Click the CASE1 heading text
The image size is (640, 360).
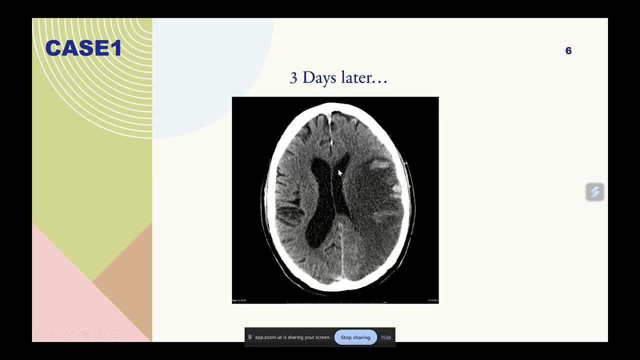pos(83,48)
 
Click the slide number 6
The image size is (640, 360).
pos(568,50)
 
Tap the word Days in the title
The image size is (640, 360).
pos(319,77)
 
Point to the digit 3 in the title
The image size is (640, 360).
pos(293,78)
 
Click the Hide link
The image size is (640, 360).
pos(386,337)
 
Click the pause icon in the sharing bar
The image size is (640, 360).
pos(250,337)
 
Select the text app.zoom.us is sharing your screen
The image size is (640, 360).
pos(292,337)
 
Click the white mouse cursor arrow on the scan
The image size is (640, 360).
pos(340,173)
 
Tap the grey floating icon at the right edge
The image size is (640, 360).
pos(595,192)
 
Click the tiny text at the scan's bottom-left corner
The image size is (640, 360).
pos(239,300)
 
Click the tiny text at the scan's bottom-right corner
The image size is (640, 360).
pos(432,300)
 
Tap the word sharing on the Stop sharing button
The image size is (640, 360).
pos(362,337)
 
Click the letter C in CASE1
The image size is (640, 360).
pos(52,48)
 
